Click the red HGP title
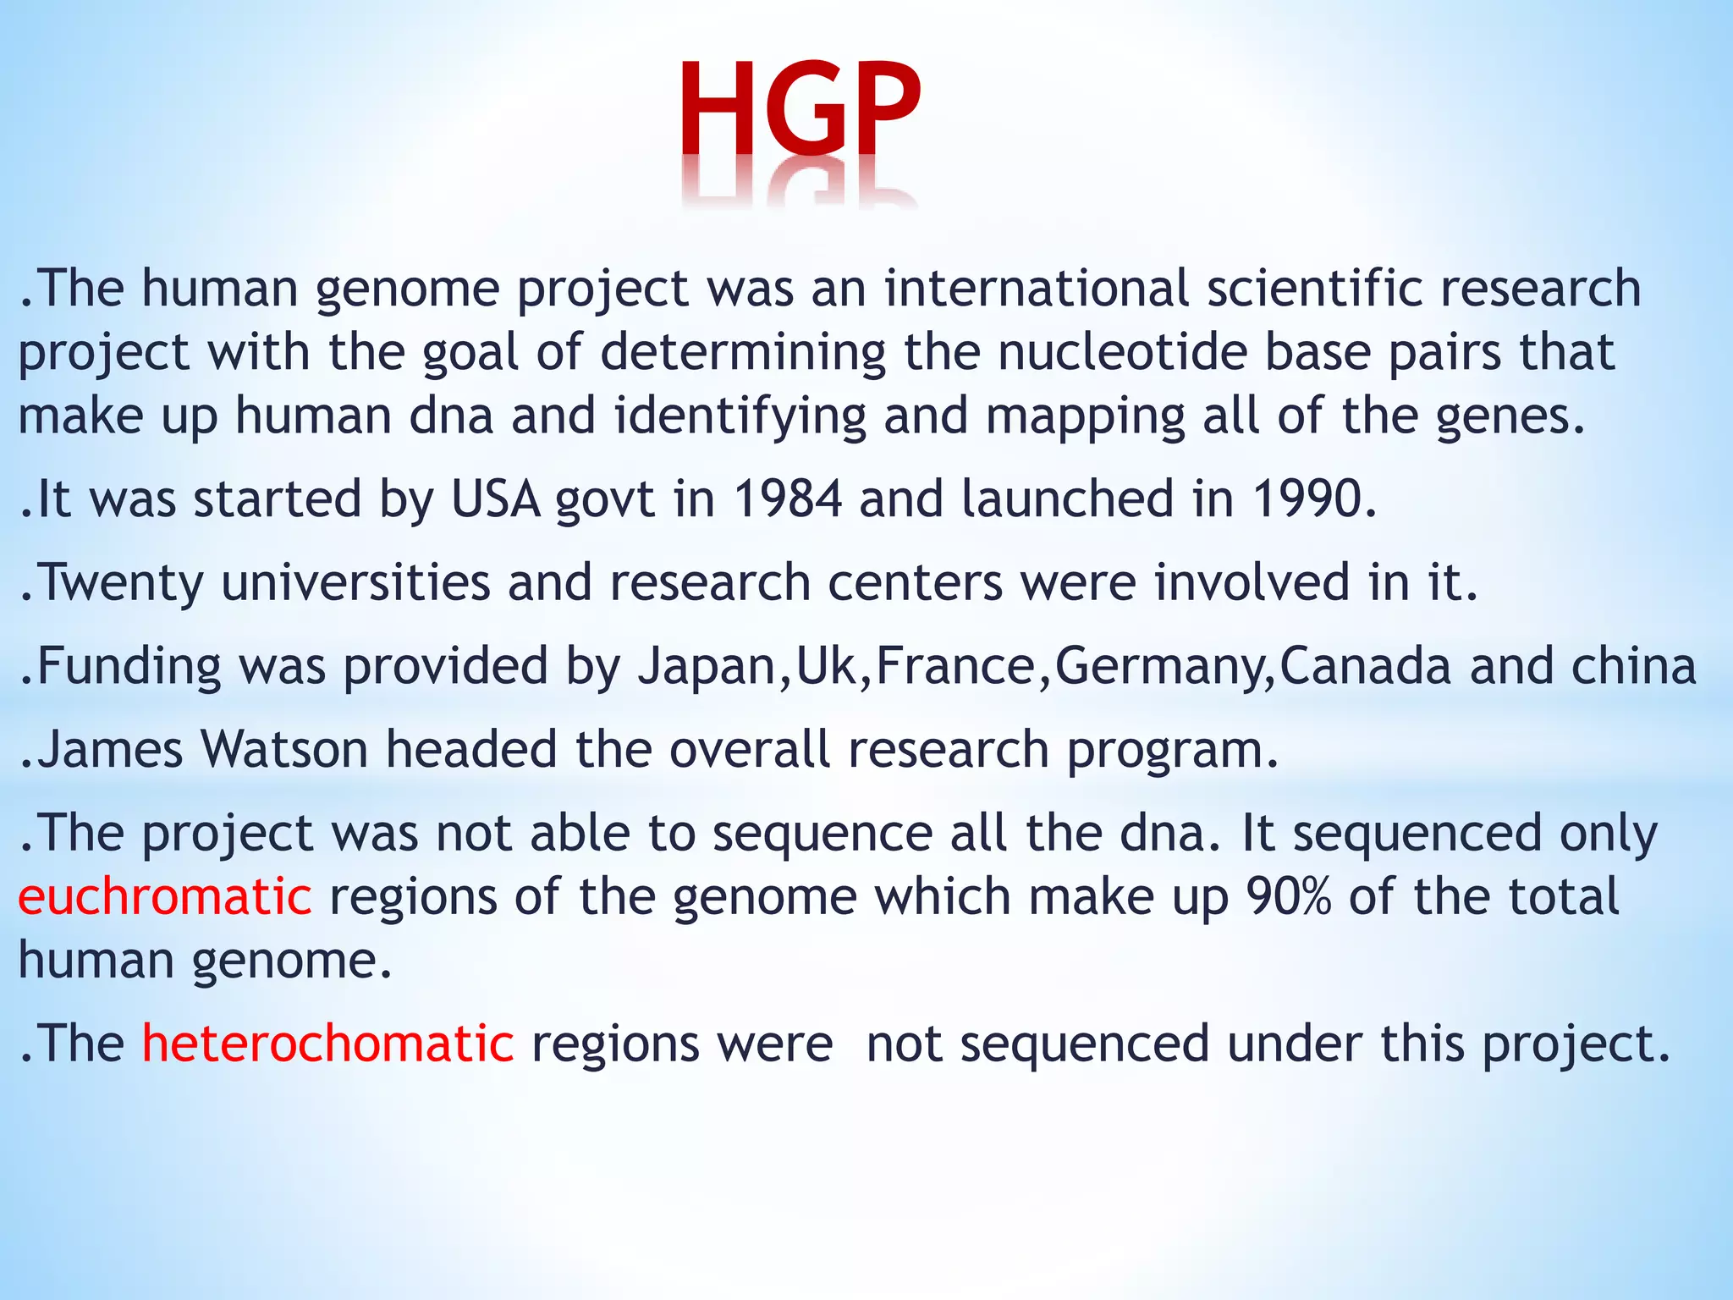(x=799, y=110)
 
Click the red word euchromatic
(x=165, y=897)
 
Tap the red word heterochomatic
(x=327, y=1043)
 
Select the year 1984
(x=787, y=499)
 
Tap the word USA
(x=496, y=499)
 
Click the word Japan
(x=707, y=666)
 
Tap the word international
(x=1037, y=289)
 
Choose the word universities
(x=355, y=582)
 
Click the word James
(x=110, y=750)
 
